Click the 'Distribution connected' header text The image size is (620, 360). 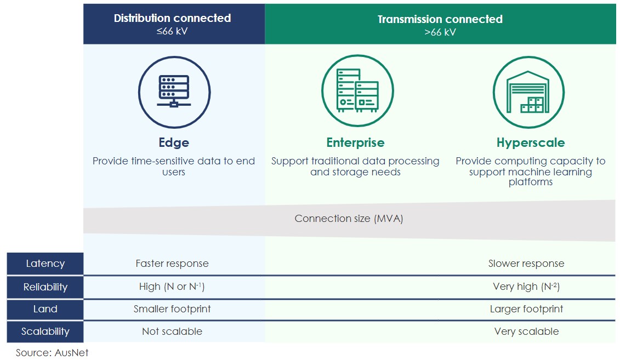click(x=172, y=18)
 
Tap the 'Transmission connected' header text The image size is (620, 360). click(x=440, y=19)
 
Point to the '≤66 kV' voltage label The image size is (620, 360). click(x=172, y=31)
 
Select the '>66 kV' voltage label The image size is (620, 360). click(x=440, y=32)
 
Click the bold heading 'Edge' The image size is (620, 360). click(x=174, y=142)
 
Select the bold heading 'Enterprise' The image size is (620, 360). click(x=355, y=142)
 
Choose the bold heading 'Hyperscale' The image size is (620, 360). click(x=530, y=142)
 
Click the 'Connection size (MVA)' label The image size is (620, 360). click(x=349, y=219)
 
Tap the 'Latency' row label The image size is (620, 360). click(x=45, y=264)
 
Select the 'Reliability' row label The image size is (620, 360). click(x=45, y=287)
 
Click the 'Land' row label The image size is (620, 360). click(x=45, y=309)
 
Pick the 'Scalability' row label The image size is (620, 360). click(x=45, y=332)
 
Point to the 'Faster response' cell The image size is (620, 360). click(x=172, y=264)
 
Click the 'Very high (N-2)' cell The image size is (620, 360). click(x=526, y=287)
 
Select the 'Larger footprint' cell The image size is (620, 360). click(x=526, y=309)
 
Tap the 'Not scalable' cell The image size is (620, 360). click(x=172, y=332)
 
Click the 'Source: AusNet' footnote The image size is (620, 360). click(x=52, y=352)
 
